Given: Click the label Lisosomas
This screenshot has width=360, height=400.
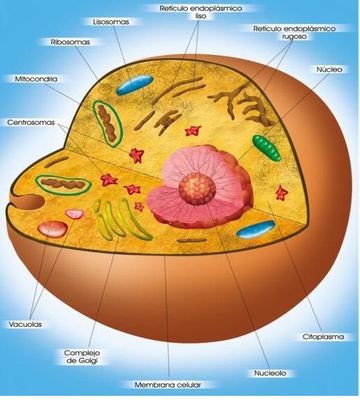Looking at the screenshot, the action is (111, 22).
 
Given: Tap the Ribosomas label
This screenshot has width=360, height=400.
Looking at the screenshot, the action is (70, 42).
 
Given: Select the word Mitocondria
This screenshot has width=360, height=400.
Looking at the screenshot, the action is (36, 79).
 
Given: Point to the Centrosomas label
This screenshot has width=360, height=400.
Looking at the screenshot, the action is (31, 123).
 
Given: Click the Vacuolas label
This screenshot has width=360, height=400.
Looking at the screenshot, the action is (25, 324).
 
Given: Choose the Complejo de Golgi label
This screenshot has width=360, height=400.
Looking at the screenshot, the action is (82, 357).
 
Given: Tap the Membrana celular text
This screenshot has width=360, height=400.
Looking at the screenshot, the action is (168, 385).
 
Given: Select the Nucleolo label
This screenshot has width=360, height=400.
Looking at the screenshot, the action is (270, 373).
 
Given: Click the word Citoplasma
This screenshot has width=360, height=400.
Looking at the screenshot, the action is (323, 337).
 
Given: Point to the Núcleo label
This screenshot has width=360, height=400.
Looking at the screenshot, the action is (329, 69).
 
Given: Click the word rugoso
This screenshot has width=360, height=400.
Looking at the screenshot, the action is (293, 37).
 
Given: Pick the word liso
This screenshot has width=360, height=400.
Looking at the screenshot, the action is (201, 16).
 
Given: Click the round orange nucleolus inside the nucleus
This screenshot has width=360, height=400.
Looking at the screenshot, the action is (197, 189).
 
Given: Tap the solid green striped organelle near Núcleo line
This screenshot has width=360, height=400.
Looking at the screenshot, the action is (267, 148).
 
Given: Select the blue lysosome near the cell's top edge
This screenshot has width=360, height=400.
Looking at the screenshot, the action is (135, 85).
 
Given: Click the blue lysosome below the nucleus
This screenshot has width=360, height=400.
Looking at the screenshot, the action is (256, 229).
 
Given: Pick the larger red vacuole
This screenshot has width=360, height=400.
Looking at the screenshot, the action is (53, 229).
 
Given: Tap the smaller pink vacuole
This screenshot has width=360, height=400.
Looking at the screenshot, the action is (75, 214).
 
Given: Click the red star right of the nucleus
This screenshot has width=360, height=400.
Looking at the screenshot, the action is (282, 193).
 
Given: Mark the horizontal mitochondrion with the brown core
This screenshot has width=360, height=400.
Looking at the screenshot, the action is (63, 184).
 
